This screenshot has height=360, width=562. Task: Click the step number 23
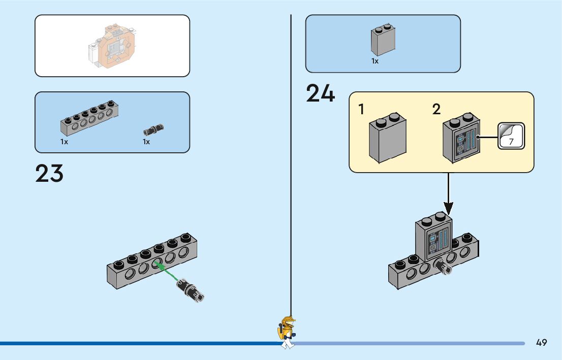(49, 173)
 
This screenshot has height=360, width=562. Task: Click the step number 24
(320, 94)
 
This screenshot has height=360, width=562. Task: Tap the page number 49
(541, 343)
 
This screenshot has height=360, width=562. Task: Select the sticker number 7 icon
(511, 136)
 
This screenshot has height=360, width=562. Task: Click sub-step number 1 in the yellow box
(361, 109)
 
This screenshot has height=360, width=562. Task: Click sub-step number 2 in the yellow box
(436, 109)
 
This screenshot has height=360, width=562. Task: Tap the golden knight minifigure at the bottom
(287, 333)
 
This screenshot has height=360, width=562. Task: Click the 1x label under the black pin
(146, 142)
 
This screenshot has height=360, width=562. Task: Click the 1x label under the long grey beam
(64, 142)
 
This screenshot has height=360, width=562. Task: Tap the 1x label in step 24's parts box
(375, 61)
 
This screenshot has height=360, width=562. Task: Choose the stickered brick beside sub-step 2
(461, 140)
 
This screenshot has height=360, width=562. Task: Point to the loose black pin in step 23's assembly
(190, 290)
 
